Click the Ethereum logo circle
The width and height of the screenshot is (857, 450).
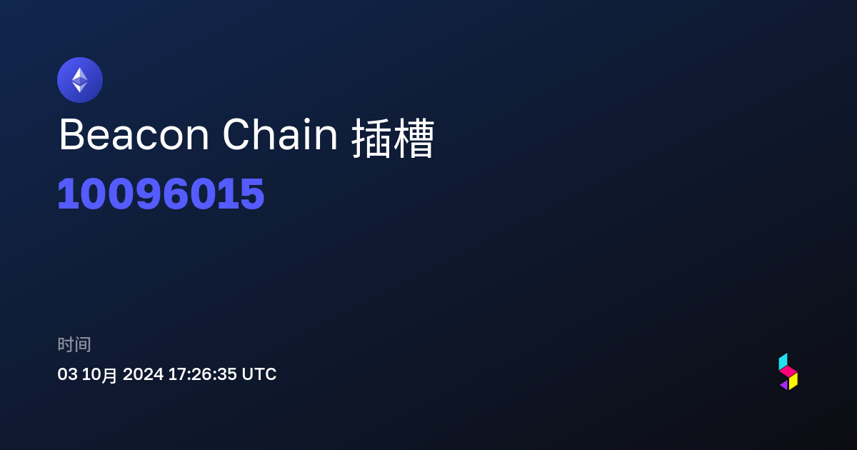coord(80,80)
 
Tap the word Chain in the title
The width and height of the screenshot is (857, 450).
coord(280,134)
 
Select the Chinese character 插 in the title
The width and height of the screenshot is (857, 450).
coord(371,138)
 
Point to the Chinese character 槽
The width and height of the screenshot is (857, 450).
coord(414,138)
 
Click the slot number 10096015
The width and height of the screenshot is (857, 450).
coord(161,194)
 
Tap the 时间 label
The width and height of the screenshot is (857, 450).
coord(74,344)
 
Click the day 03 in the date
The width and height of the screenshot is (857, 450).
coord(67,374)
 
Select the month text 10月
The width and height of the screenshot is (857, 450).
coord(99,374)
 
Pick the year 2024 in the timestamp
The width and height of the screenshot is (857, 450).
coord(143,374)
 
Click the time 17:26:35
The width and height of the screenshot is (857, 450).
coord(202,374)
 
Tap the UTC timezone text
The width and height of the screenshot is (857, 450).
coord(259,374)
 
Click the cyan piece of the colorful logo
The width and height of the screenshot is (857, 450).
coord(783,361)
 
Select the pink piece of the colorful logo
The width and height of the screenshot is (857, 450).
coord(788,371)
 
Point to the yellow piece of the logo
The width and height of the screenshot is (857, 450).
coord(793,381)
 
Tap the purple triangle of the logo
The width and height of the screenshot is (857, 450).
coord(785,385)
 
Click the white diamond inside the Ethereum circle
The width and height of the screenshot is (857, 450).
coord(80,80)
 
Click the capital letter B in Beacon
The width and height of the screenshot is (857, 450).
coord(71,135)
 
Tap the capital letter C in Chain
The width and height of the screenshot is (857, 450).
coord(237,134)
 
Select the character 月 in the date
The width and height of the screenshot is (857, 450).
coord(109,376)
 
